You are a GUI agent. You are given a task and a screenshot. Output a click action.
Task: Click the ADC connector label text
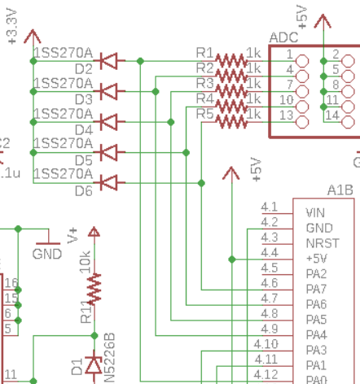283,37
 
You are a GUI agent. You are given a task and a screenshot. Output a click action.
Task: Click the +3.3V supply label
11,24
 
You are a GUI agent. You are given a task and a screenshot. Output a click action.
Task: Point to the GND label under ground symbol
47,254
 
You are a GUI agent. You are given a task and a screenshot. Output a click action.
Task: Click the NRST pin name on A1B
319,242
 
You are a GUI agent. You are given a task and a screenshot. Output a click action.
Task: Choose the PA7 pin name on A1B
316,289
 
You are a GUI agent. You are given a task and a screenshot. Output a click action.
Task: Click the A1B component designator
340,190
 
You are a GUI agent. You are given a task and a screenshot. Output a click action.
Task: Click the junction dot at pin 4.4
232,259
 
